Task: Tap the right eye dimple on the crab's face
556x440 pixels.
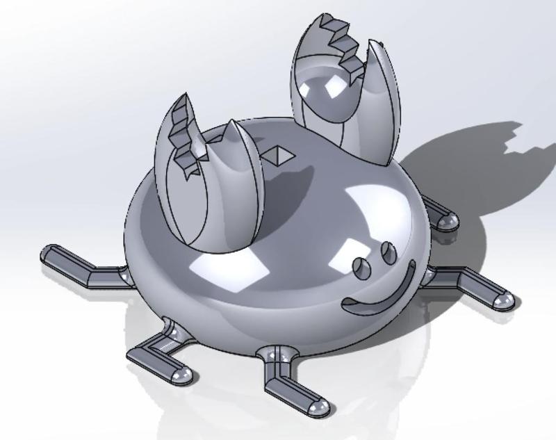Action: point(388,252)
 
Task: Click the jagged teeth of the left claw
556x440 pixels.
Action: point(184,136)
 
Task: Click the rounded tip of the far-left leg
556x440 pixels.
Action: point(50,255)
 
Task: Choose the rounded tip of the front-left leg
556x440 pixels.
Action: point(182,375)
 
